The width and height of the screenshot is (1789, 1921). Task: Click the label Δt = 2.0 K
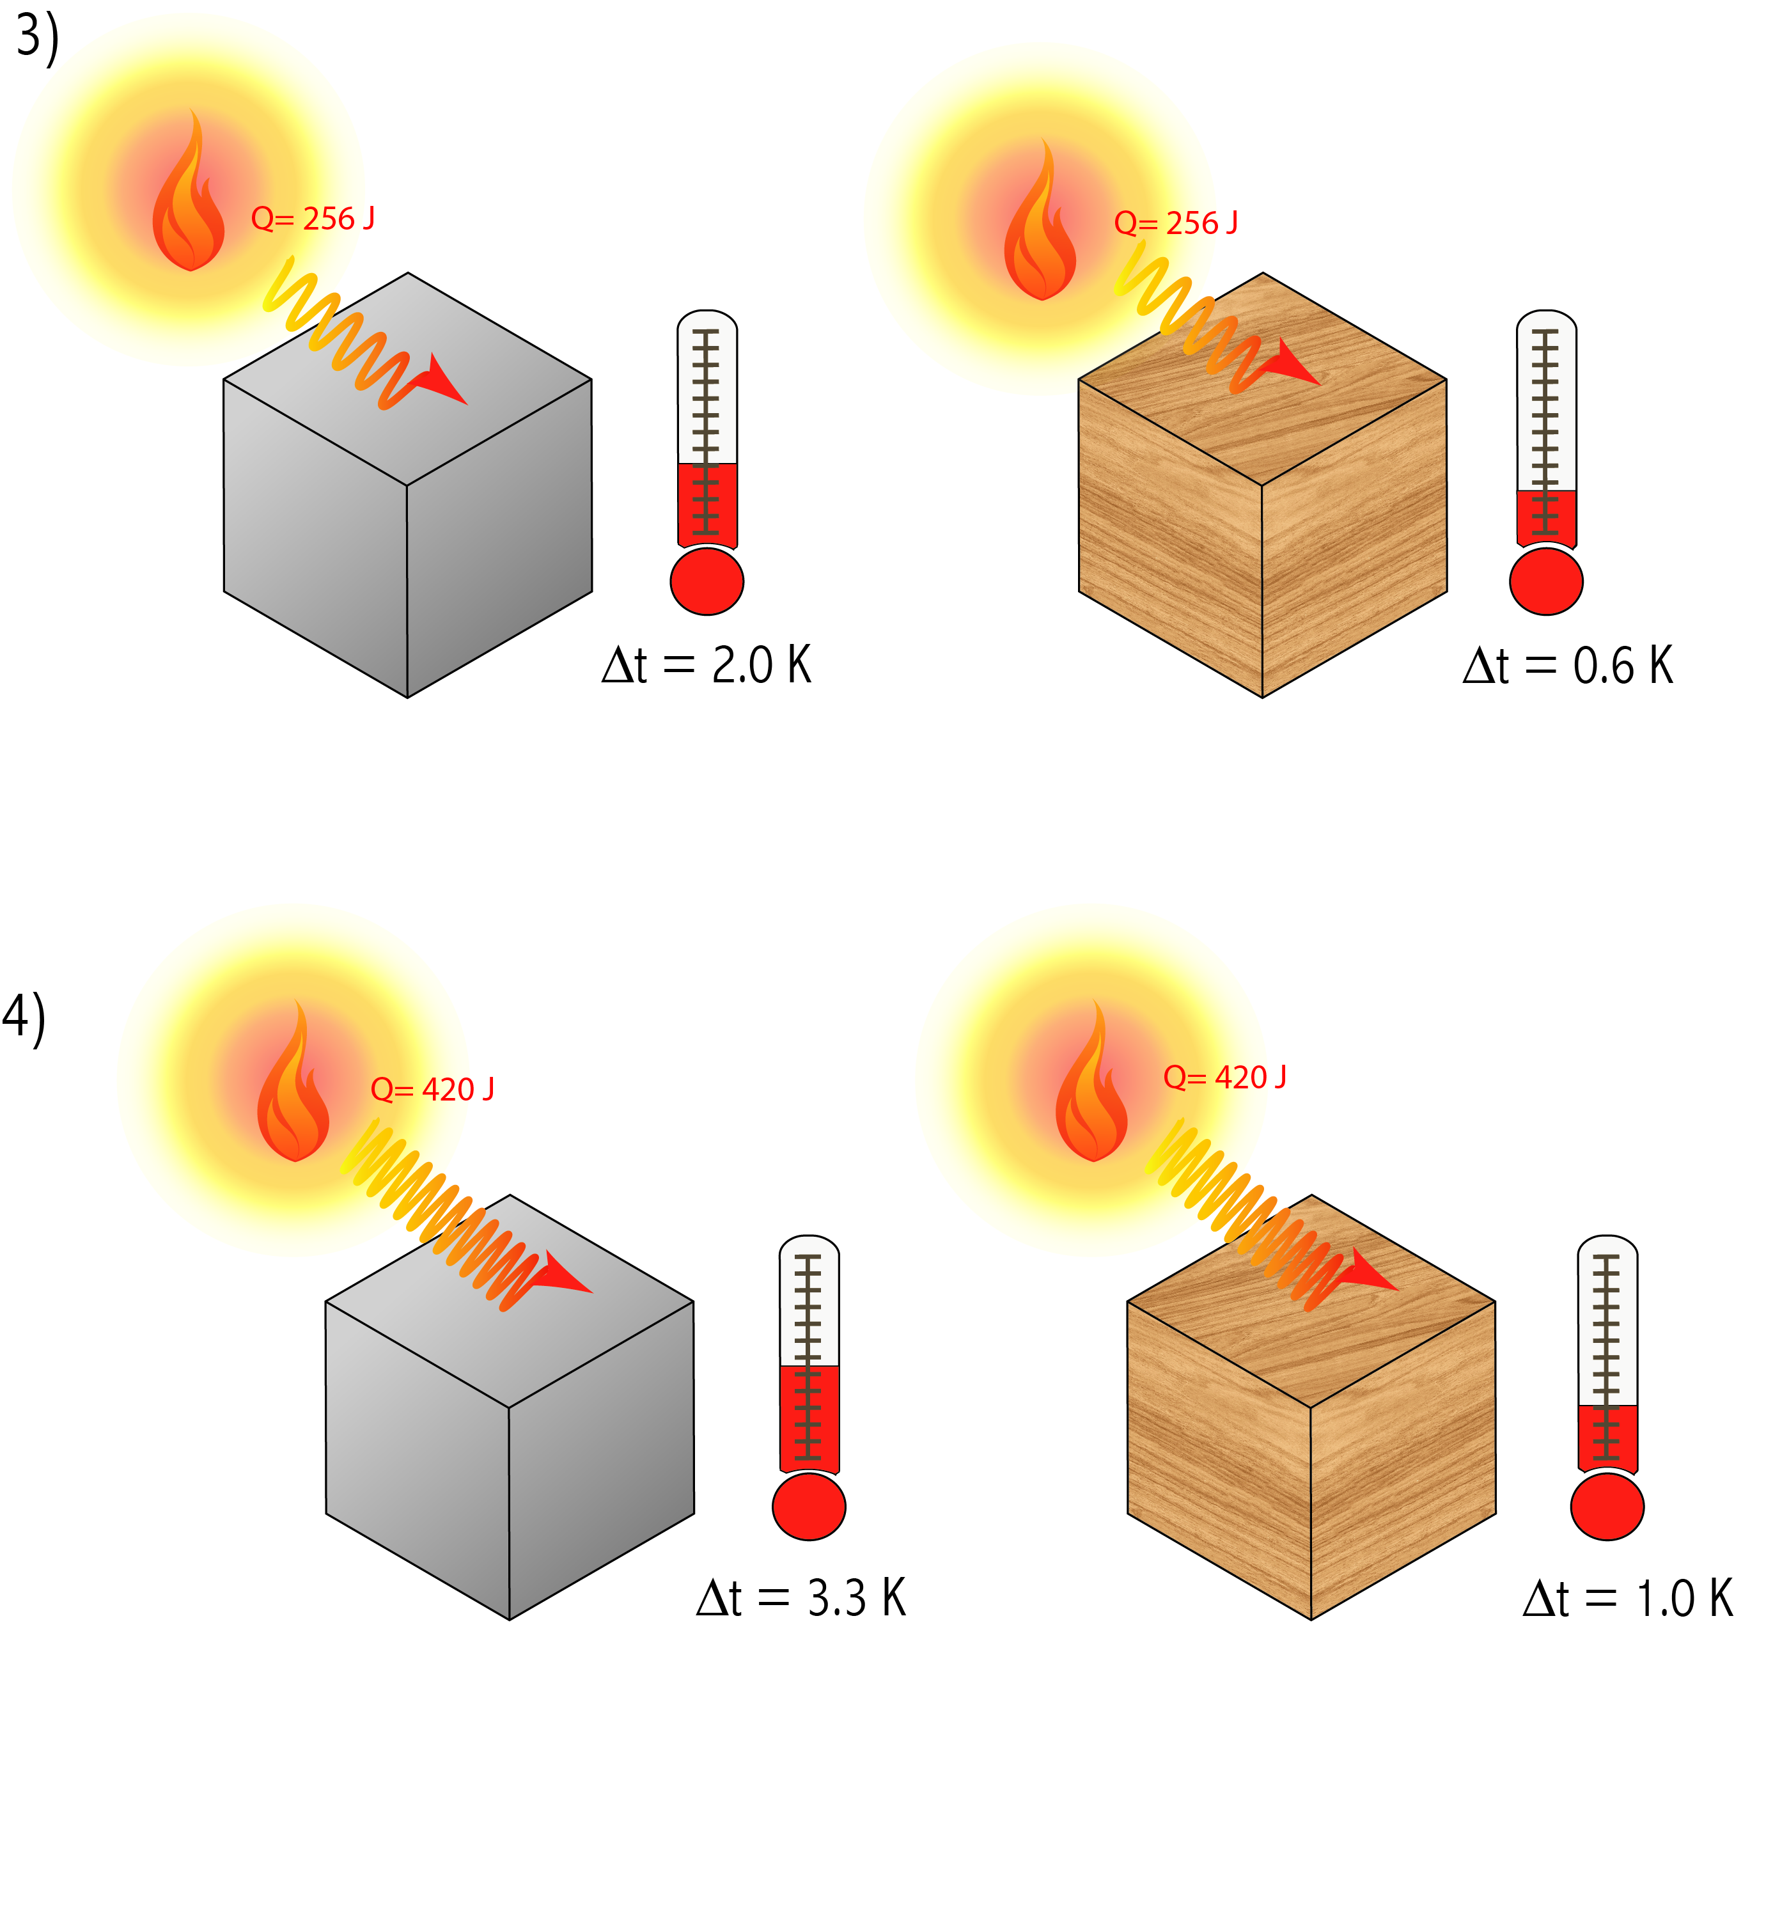tap(705, 665)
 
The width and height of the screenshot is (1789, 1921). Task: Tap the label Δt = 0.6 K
tap(1567, 666)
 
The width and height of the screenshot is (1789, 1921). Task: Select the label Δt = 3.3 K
tap(801, 1597)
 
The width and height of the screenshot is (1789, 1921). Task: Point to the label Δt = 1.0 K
tap(1628, 1598)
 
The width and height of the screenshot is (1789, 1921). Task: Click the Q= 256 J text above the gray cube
tap(312, 219)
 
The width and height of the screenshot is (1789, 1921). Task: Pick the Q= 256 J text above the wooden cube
tap(1175, 223)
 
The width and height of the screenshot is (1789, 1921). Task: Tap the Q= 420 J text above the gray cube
tap(432, 1089)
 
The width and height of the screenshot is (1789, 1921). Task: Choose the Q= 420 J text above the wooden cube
tap(1224, 1076)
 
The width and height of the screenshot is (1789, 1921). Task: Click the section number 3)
tap(36, 38)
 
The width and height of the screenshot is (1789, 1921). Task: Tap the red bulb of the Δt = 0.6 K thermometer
tap(1545, 582)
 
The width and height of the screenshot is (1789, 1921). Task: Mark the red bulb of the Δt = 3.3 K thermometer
tap(809, 1507)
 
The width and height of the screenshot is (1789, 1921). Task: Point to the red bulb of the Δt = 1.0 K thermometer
tap(1606, 1507)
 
